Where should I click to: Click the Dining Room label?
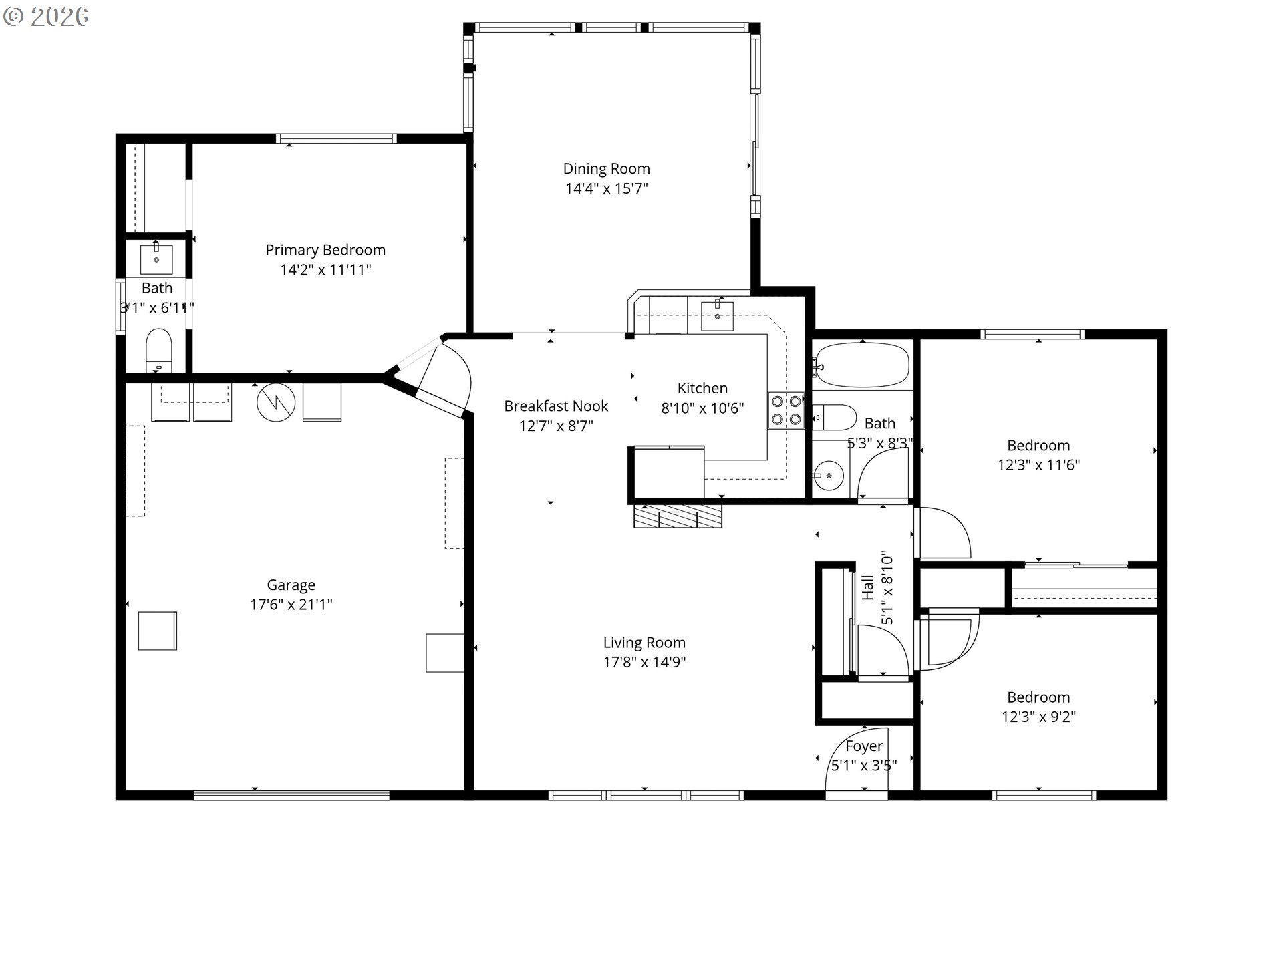point(606,169)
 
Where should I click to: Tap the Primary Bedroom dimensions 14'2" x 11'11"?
point(325,269)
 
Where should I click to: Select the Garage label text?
point(291,585)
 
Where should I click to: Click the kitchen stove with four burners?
point(786,410)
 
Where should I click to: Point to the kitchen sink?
point(717,316)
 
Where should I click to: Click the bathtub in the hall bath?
point(863,365)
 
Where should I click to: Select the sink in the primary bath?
point(156,259)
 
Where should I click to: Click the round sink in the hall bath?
point(829,476)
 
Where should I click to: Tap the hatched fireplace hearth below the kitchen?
point(678,516)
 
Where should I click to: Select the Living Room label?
point(644,643)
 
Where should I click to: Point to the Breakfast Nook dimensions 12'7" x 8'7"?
point(556,426)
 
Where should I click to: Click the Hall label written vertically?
point(867,587)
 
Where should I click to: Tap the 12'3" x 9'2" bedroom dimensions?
point(1038,717)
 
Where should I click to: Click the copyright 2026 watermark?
point(46,17)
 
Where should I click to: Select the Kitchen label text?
point(702,388)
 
